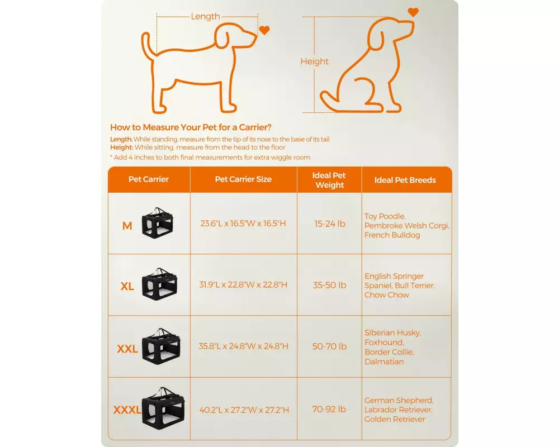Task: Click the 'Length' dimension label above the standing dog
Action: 205,16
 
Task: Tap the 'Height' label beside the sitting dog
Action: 314,61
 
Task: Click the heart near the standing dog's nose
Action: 264,30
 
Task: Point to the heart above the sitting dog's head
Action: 413,12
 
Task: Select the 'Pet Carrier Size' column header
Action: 243,179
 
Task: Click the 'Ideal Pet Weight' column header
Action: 329,180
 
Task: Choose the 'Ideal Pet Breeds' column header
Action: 405,180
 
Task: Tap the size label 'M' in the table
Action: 127,226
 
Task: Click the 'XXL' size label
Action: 127,349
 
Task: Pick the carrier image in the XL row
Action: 159,284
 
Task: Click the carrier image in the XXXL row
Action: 163,408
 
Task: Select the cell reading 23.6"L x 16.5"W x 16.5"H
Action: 243,223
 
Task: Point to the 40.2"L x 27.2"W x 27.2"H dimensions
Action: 244,410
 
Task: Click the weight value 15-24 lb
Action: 330,224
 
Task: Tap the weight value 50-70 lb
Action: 329,346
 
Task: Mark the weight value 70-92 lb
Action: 329,409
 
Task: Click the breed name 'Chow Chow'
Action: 387,295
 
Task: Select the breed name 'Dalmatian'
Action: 385,362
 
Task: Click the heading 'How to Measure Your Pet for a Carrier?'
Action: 191,127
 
